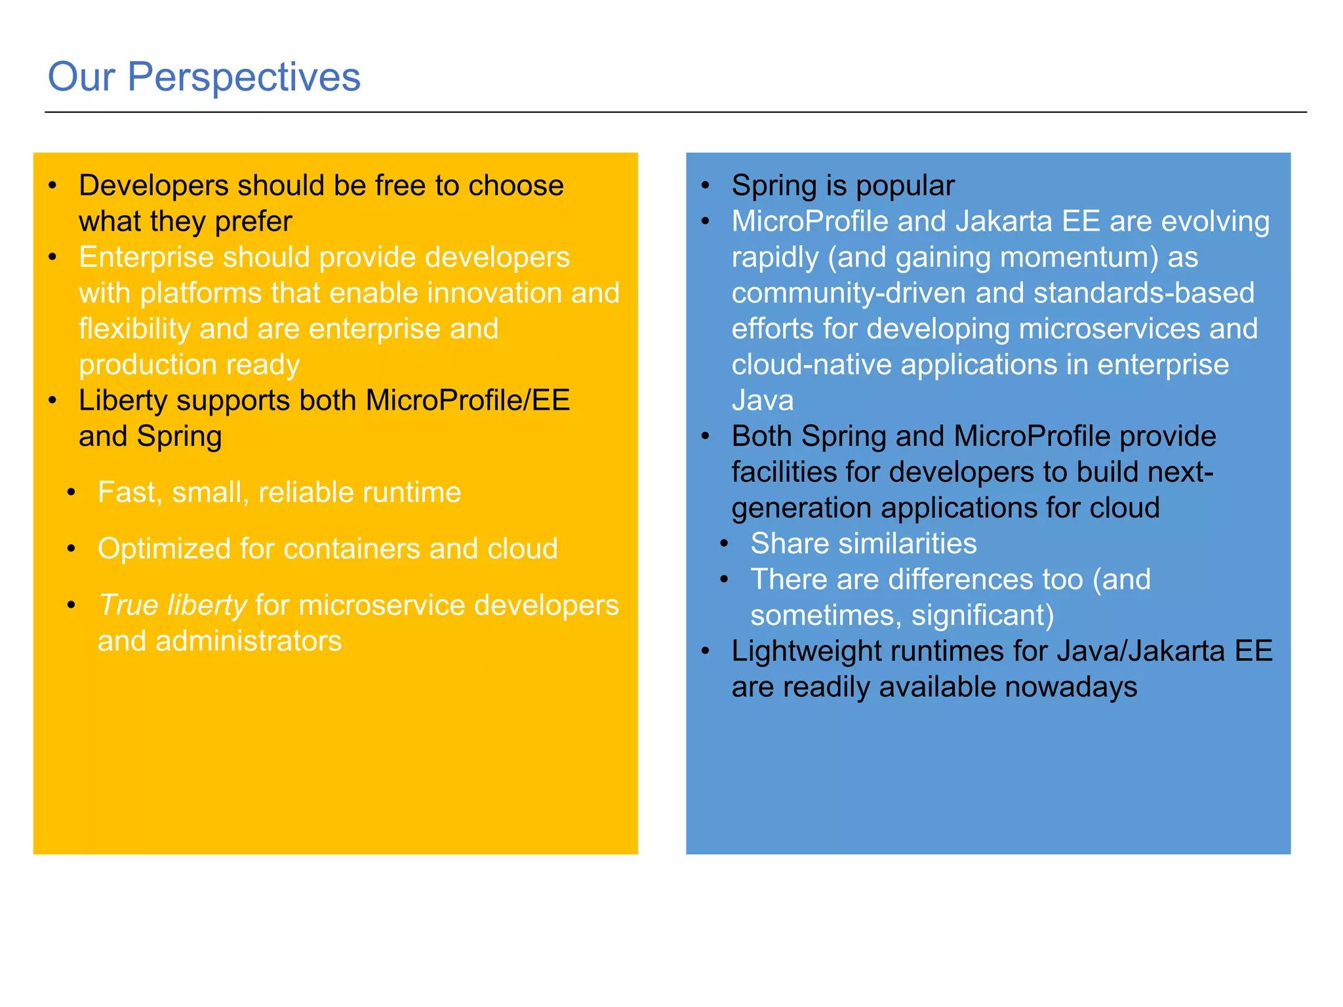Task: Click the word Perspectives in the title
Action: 243,77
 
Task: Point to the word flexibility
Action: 134,329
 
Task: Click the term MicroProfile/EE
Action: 468,401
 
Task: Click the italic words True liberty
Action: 172,605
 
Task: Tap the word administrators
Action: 249,641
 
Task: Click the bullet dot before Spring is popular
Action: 706,186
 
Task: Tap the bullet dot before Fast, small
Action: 71,492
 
